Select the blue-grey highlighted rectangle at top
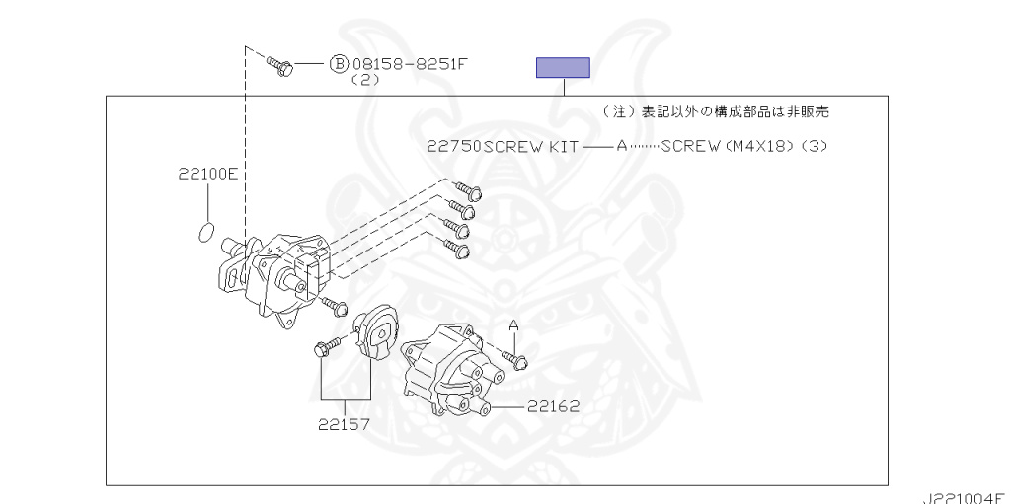[x=563, y=67]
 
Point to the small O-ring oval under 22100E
[x=205, y=233]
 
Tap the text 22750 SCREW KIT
[x=502, y=146]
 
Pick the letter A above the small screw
[x=513, y=324]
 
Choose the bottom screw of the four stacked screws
[x=456, y=249]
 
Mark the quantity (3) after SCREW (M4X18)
[x=814, y=146]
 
